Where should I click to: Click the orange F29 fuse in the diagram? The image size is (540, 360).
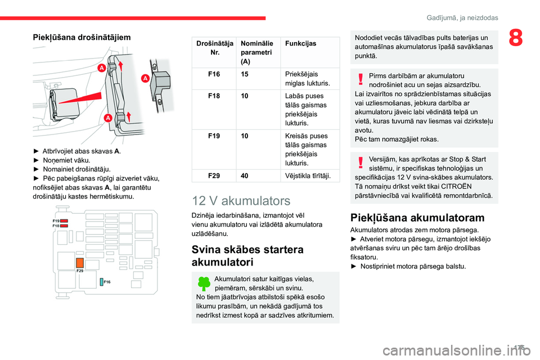tap(80, 263)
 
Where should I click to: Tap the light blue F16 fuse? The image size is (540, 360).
tap(101, 281)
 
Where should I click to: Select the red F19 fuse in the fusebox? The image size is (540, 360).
tap(65, 222)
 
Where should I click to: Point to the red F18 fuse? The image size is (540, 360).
tap(65, 226)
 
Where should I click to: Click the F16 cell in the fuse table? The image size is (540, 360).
tap(214, 74)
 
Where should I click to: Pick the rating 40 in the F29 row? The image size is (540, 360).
tap(245, 176)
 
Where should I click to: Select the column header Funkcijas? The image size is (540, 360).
tap(301, 43)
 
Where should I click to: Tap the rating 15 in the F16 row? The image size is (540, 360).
tap(245, 74)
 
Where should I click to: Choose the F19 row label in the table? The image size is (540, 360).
tap(214, 136)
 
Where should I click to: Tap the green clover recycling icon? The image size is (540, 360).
tap(204, 283)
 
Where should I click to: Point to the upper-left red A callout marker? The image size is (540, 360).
tap(102, 67)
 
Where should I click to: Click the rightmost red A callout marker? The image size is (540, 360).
tap(144, 78)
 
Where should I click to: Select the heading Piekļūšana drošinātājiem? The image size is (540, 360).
tap(83, 37)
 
